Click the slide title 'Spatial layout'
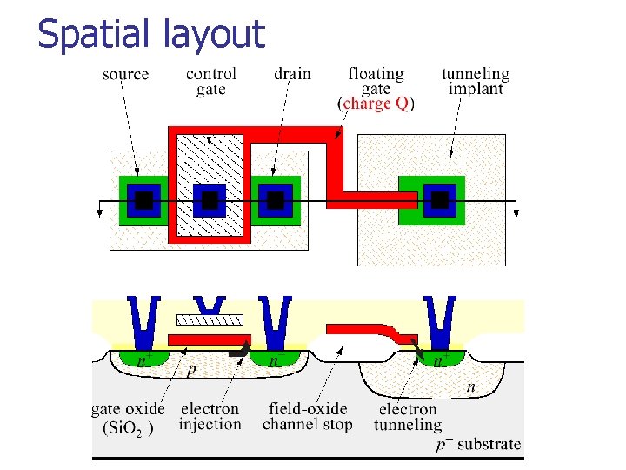coord(151,34)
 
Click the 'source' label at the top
coord(125,74)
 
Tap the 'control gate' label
coord(211,81)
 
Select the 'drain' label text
coord(292,74)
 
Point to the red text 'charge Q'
coord(376,104)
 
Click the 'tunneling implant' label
coord(476,81)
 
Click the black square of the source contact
coord(143,201)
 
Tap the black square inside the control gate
coord(210,201)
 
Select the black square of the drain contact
coord(276,201)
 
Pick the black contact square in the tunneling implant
coord(440,201)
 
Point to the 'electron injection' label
coord(210,416)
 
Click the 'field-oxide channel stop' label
coord(308,416)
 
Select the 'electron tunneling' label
coord(408,416)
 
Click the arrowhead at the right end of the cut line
coord(516,209)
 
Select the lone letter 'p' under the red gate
coord(190,371)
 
